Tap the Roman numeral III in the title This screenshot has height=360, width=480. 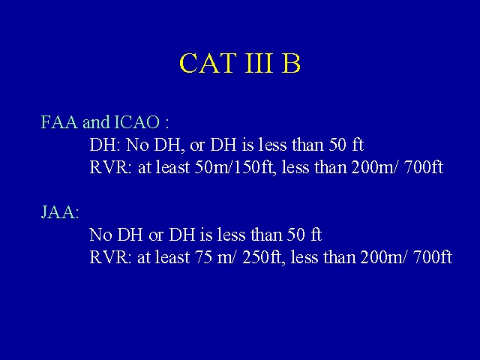tap(259, 63)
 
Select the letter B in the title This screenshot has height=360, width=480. tap(291, 63)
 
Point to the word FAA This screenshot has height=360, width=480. tap(59, 122)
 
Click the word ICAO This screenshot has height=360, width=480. tap(136, 122)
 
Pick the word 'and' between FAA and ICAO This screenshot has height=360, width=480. tap(96, 122)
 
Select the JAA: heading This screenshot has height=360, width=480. tap(60, 212)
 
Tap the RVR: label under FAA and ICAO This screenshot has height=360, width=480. tap(110, 167)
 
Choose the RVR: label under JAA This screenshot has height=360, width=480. tap(110, 257)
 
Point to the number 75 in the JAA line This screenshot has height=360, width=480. tap(203, 257)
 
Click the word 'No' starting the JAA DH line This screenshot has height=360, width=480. tap(100, 235)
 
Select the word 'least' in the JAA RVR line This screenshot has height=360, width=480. tap(172, 257)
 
